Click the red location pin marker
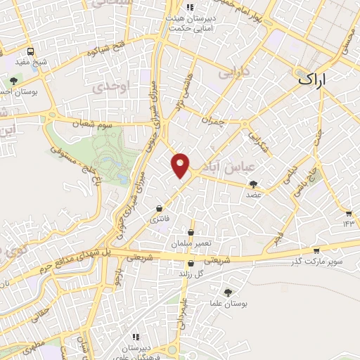pyautogui.click(x=181, y=165)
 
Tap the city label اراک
pyautogui.click(x=313, y=79)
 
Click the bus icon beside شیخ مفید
pyautogui.click(x=30, y=51)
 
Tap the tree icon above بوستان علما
pyautogui.click(x=227, y=292)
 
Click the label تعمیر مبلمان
pyautogui.click(x=191, y=243)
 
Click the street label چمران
pyautogui.click(x=211, y=120)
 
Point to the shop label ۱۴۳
pyautogui.click(x=347, y=222)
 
